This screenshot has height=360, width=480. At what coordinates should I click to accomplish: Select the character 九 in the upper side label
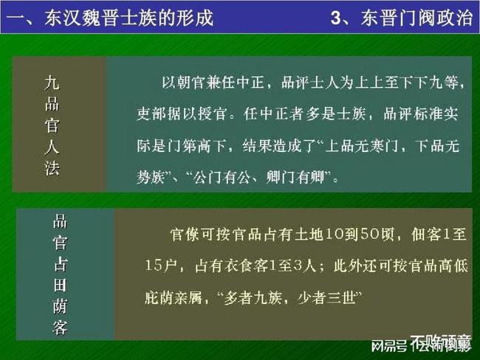(x=52, y=81)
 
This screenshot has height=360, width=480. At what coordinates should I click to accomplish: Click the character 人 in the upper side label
(x=52, y=147)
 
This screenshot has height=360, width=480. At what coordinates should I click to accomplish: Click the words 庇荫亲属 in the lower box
(x=174, y=298)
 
